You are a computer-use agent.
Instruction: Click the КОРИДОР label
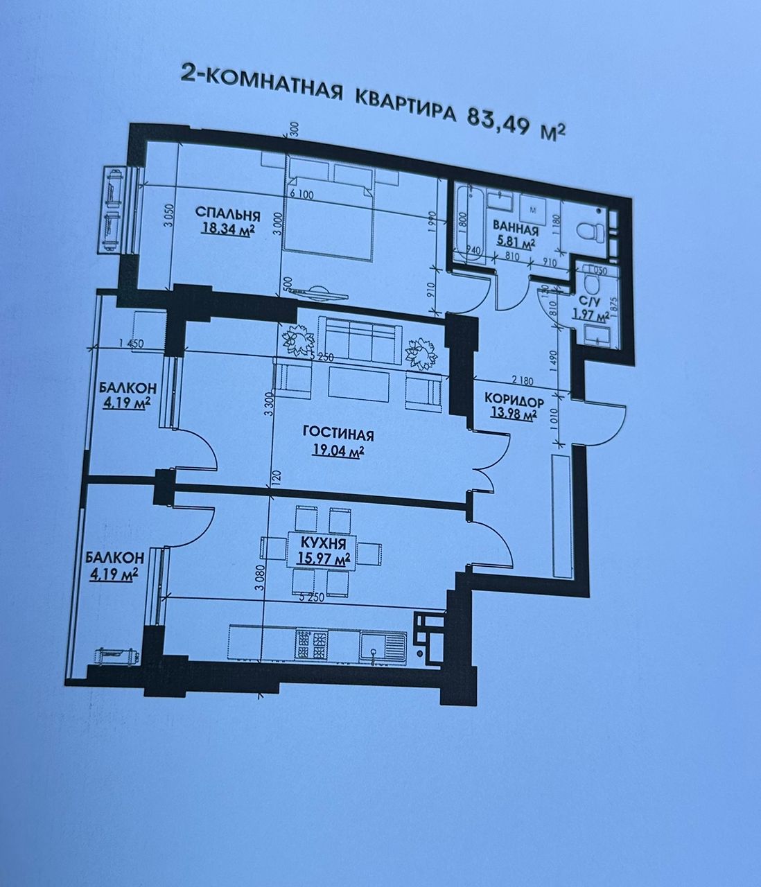click(x=514, y=400)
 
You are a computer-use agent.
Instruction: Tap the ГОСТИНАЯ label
click(x=339, y=435)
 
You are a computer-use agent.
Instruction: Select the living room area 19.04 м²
click(x=338, y=452)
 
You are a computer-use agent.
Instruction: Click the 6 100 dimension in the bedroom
click(x=301, y=196)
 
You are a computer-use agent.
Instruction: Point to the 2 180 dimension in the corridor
click(x=525, y=380)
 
